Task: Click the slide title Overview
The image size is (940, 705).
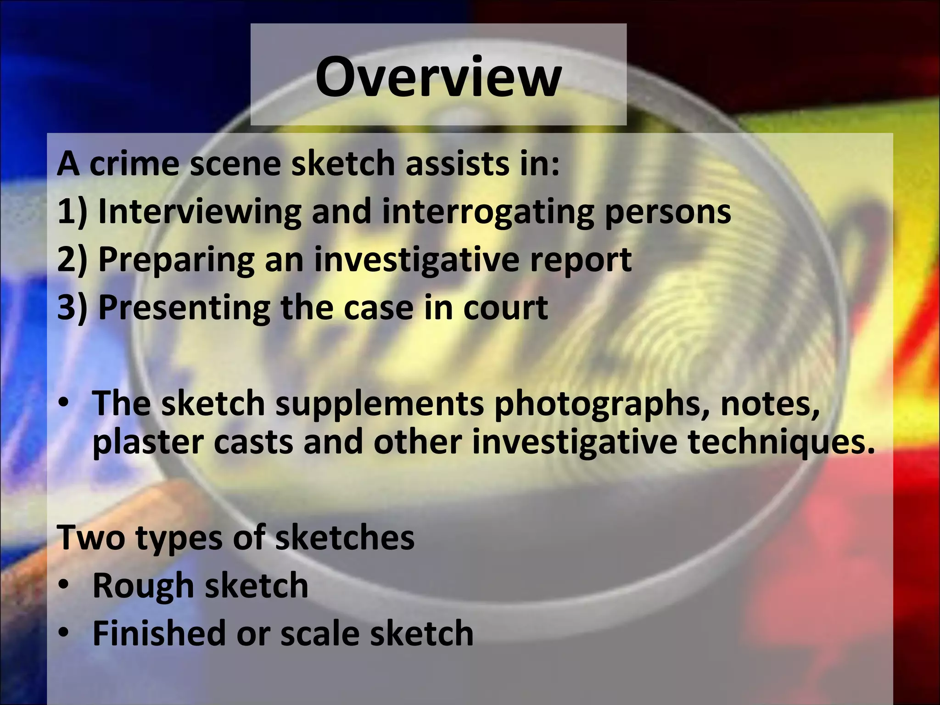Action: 438,76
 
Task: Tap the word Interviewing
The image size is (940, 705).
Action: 200,212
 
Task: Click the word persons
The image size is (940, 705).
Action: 668,213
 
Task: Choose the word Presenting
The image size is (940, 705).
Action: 184,308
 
